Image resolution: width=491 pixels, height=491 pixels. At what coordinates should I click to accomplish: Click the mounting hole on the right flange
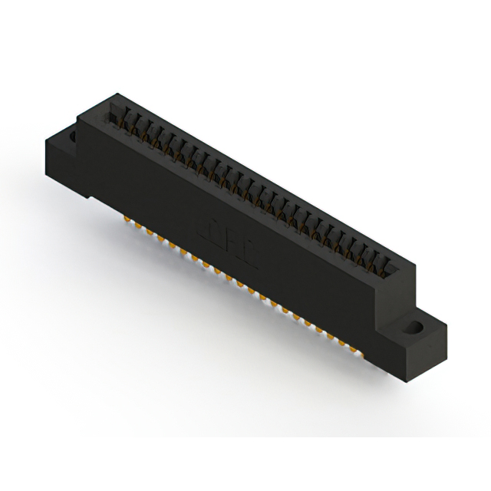pos(414,328)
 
